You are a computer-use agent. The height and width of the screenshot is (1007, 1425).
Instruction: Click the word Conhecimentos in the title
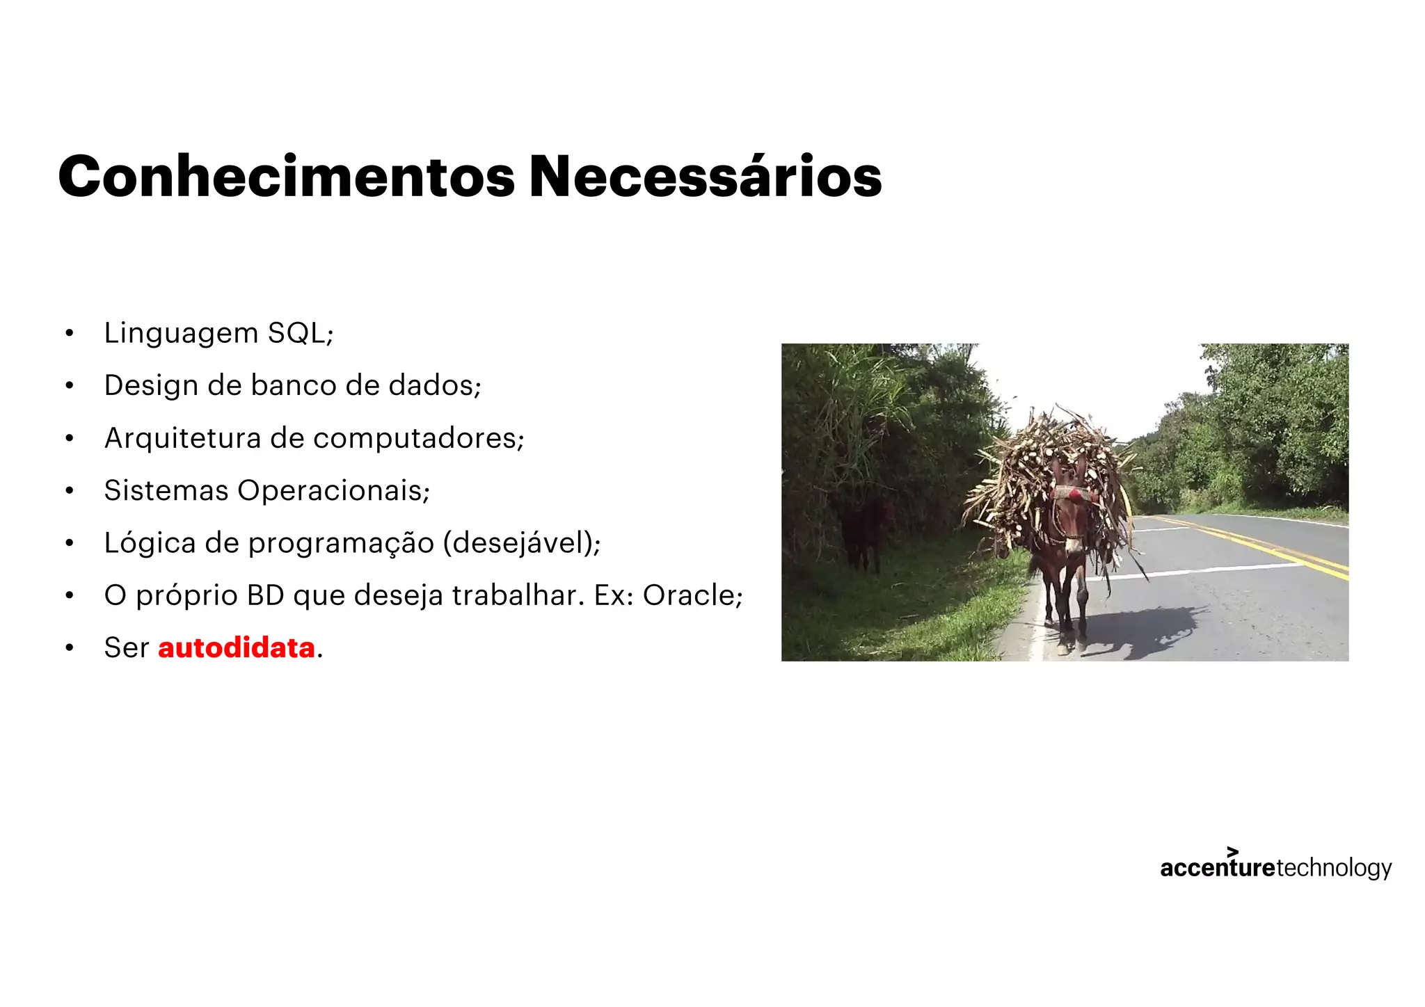point(286,177)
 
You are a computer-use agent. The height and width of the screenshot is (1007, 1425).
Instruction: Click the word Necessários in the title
point(705,177)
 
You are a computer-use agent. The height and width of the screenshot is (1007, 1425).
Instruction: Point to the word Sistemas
point(166,490)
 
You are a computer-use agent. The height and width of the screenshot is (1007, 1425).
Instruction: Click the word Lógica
point(150,543)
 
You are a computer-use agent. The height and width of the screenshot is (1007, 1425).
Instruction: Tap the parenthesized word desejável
point(520,543)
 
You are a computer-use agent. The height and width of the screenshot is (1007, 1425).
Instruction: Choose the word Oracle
point(689,595)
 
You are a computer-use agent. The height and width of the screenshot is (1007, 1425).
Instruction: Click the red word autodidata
point(237,648)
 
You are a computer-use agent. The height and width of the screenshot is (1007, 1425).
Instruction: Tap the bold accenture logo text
point(1217,868)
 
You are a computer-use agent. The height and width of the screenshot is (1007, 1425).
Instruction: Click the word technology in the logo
point(1334,868)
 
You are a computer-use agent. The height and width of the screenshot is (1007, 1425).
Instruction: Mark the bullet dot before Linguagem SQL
point(69,333)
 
